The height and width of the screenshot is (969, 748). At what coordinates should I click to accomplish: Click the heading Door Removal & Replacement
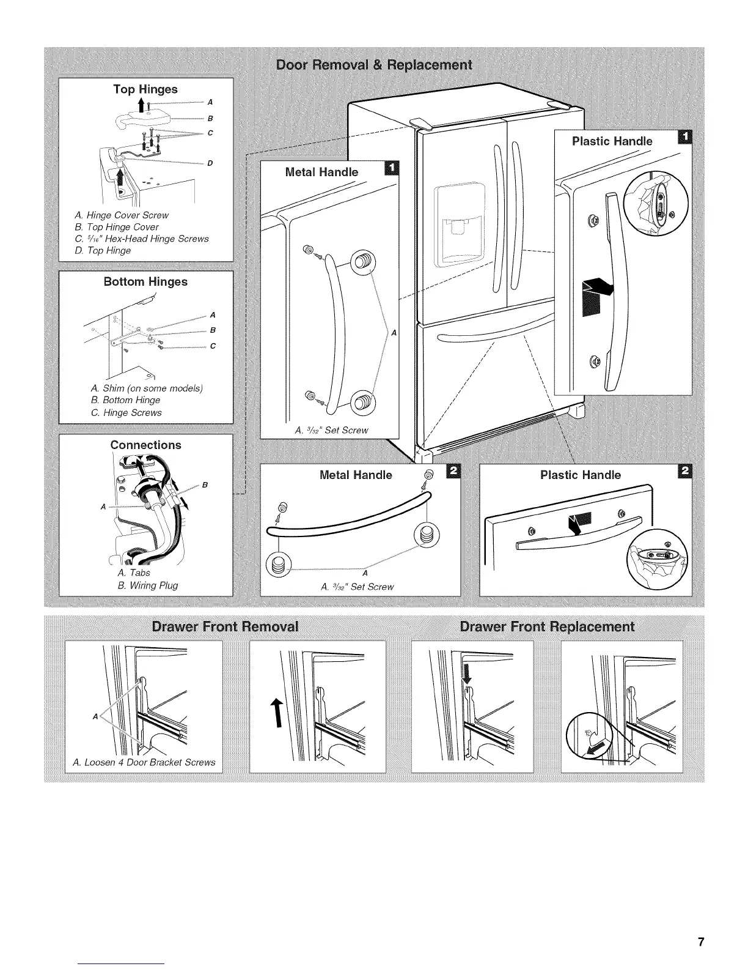click(x=374, y=65)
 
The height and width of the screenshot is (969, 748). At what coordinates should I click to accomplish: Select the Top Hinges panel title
click(x=145, y=89)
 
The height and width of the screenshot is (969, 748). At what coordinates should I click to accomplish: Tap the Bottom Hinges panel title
click(x=145, y=282)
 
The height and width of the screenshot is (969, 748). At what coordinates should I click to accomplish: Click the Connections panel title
click(x=145, y=445)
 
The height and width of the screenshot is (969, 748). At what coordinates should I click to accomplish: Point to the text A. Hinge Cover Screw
click(x=121, y=215)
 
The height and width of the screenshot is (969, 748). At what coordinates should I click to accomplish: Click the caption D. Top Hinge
click(x=103, y=251)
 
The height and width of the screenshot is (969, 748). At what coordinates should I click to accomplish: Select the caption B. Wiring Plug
click(x=147, y=585)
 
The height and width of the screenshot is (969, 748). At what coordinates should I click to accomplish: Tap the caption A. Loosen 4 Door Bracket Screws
click(x=144, y=762)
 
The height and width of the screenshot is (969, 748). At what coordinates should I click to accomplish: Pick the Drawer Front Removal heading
click(x=226, y=627)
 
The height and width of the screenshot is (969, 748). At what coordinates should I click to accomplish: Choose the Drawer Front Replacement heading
click(x=547, y=627)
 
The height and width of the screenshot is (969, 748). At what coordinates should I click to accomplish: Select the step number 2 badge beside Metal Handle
click(x=453, y=472)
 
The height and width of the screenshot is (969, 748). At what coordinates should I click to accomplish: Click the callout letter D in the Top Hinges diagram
click(x=210, y=163)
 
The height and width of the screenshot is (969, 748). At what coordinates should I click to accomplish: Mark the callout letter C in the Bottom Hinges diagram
click(x=213, y=346)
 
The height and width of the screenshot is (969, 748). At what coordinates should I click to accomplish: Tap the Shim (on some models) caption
click(x=147, y=388)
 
